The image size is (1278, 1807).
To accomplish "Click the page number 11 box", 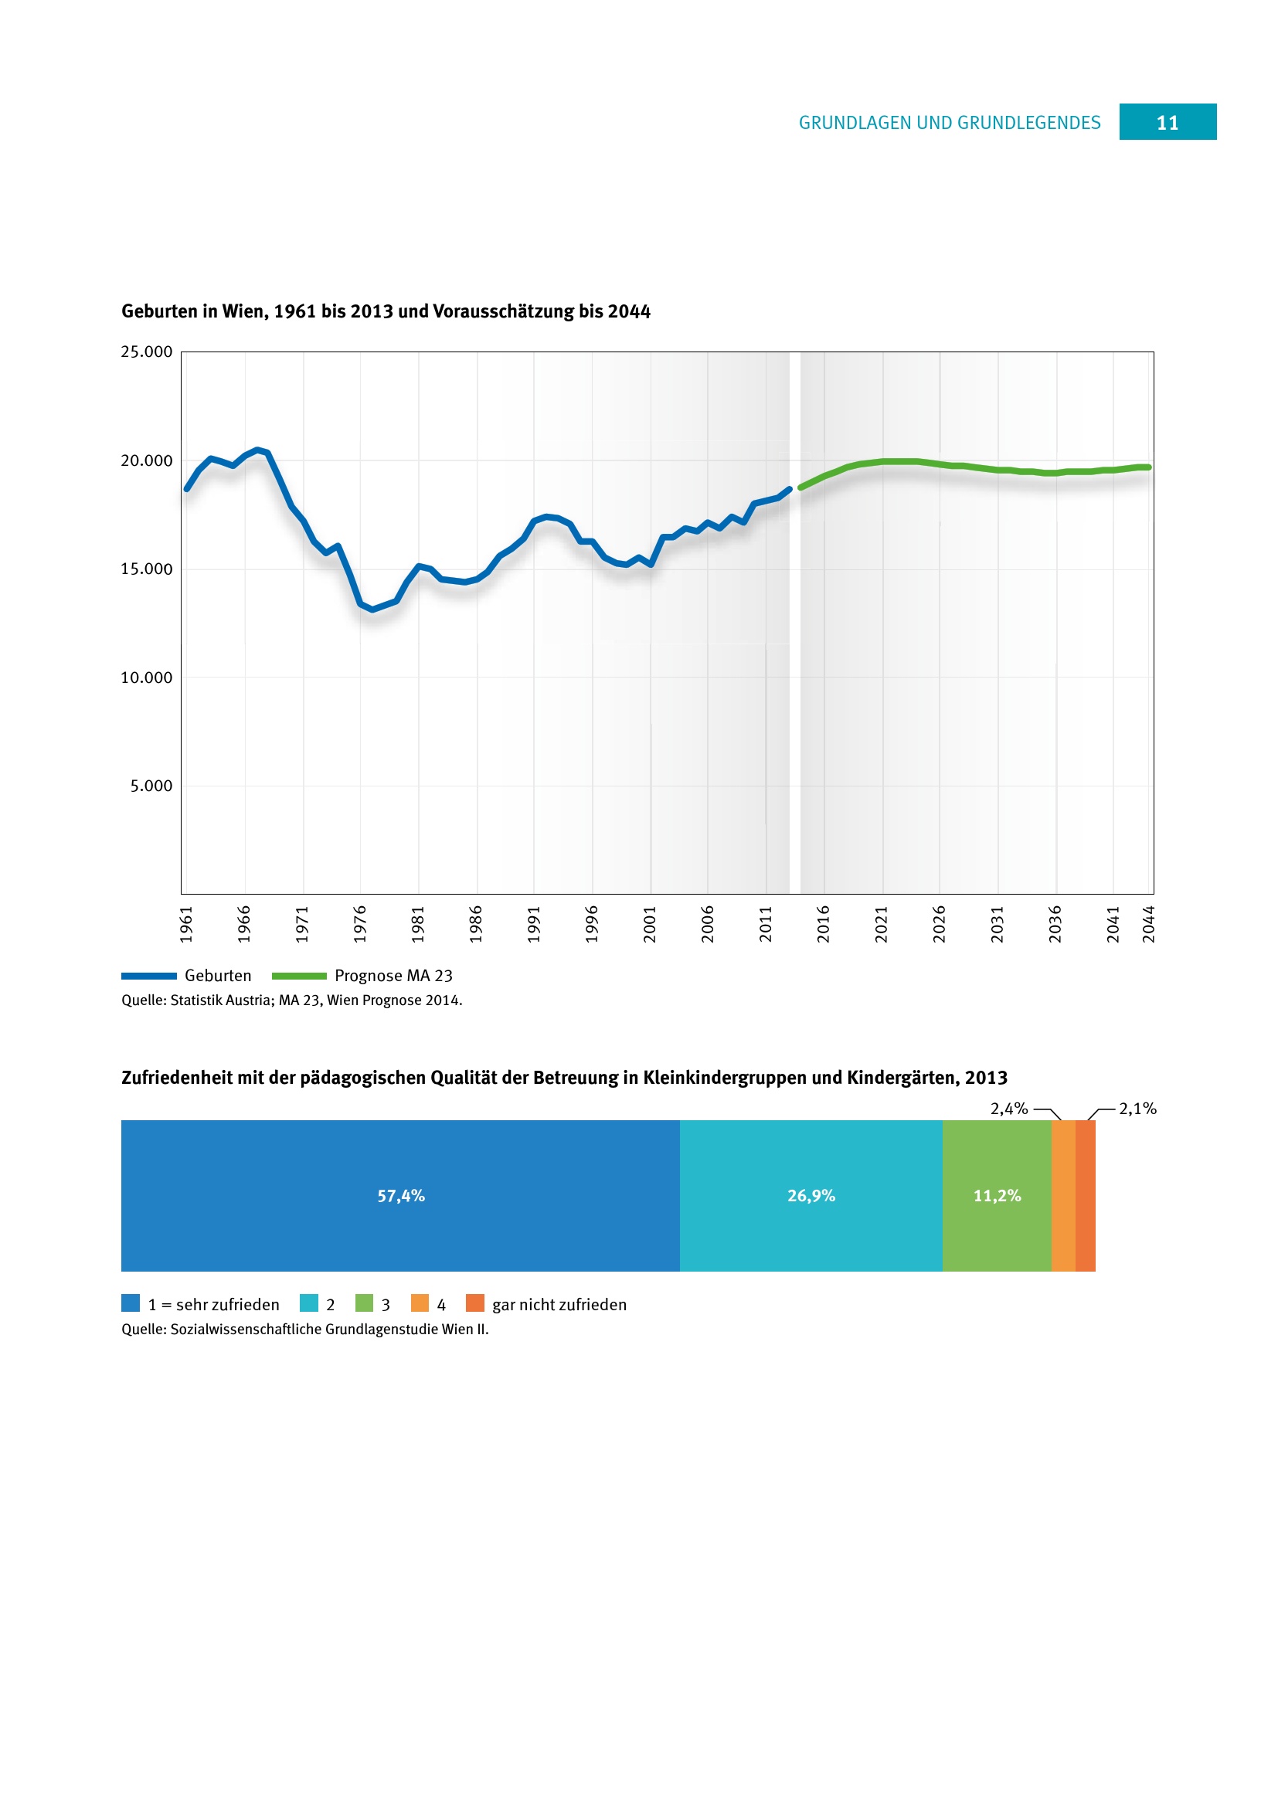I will coord(1167,122).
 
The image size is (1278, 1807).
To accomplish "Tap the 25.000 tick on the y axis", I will coord(146,352).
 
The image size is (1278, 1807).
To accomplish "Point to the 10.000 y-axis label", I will coord(146,678).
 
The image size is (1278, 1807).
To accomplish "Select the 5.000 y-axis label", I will coord(151,786).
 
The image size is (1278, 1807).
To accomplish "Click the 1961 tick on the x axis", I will coord(186,924).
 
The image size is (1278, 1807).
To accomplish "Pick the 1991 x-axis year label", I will coord(535,924).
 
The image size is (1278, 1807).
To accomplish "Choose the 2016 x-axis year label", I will coord(824,924).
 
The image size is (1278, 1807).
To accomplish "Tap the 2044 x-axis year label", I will coord(1149,924).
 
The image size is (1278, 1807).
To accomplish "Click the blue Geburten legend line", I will coord(148,976).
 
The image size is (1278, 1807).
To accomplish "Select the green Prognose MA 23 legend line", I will coord(299,976).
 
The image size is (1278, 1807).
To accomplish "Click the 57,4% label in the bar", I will coord(400,1195).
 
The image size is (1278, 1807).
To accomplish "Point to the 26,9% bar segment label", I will coord(811,1195).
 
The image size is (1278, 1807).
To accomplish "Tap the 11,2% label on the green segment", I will coord(997,1195).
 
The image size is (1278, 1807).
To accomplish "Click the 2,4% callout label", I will coord(1009,1108).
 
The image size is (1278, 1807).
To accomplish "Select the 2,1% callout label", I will coord(1138,1108).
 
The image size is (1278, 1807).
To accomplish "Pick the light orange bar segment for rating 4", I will coord(1063,1195).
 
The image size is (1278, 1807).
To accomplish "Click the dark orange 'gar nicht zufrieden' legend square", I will coord(474,1303).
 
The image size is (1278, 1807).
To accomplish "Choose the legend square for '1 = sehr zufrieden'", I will coord(131,1303).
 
